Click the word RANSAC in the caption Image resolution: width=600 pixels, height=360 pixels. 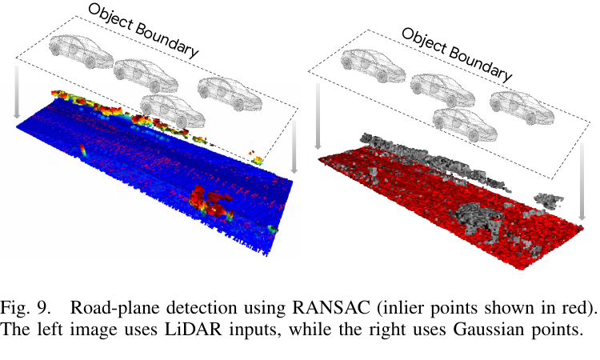coord(331,307)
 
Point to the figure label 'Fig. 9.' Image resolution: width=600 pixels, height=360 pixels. coord(26,307)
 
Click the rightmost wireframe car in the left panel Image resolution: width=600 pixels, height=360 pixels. coord(230,94)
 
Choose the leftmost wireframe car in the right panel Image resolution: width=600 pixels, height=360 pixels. coord(373,66)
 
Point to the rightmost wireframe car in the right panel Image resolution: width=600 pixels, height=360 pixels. coord(522,108)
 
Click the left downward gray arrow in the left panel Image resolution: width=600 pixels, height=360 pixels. coord(17,92)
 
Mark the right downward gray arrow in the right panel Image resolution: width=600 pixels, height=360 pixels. coord(582,182)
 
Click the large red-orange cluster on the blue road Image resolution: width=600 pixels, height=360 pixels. coord(210,202)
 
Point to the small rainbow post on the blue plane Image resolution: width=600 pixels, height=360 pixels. coord(82,150)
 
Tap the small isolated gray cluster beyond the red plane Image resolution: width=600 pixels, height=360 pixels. coord(548,201)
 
